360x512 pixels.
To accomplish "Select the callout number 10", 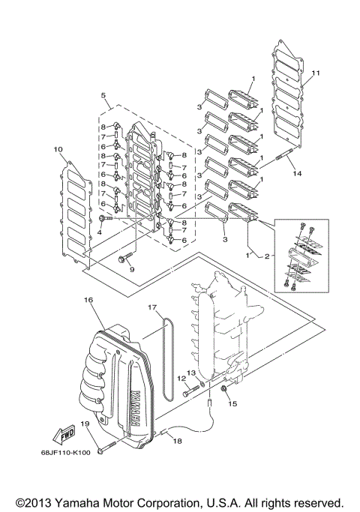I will (x=57, y=149).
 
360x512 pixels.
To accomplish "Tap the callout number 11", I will (x=316, y=73).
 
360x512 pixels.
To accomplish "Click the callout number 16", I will (x=88, y=300).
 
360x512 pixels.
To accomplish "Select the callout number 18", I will (x=177, y=442).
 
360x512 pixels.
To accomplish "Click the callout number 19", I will (x=85, y=424).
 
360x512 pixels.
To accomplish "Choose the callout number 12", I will (x=181, y=379).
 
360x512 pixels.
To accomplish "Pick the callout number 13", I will (x=191, y=372).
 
